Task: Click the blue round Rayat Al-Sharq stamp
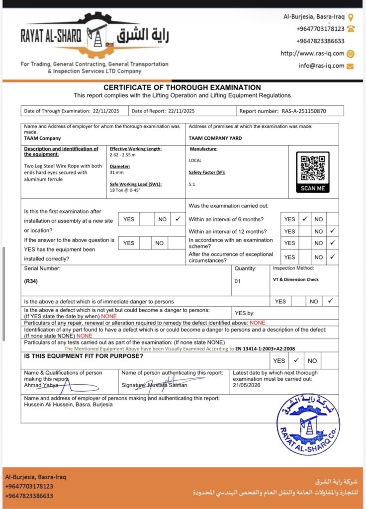tap(308, 424)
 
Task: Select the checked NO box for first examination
tap(178, 219)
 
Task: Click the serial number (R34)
tap(31, 281)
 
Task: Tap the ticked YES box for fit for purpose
tap(296, 360)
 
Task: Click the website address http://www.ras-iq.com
tap(312, 54)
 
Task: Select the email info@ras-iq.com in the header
tap(321, 66)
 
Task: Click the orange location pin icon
tap(351, 17)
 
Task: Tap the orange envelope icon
tap(351, 66)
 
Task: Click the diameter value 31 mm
tap(117, 172)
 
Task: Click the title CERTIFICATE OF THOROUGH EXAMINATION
tap(182, 87)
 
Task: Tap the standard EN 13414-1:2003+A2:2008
tap(265, 349)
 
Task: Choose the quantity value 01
tap(237, 281)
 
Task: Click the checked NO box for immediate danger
tap(330, 301)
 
